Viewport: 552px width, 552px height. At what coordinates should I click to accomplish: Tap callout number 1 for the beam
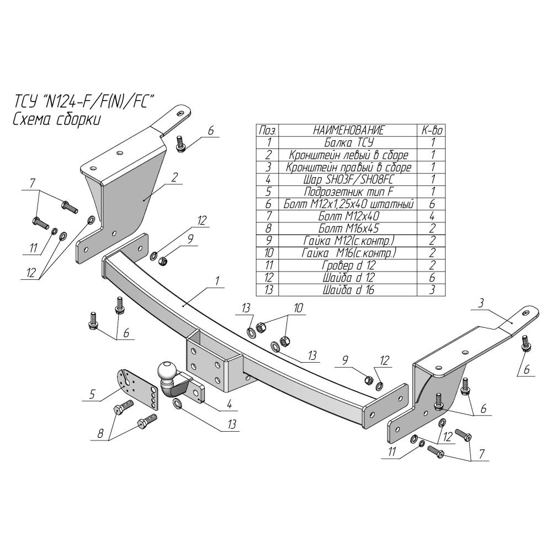click(x=217, y=281)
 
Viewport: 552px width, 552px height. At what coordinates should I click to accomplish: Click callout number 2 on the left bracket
click(x=174, y=177)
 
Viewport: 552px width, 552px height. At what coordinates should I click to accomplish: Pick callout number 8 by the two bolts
click(x=100, y=434)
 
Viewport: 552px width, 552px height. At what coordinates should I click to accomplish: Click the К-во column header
click(x=432, y=130)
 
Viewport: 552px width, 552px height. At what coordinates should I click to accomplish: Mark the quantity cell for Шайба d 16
click(x=432, y=289)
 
